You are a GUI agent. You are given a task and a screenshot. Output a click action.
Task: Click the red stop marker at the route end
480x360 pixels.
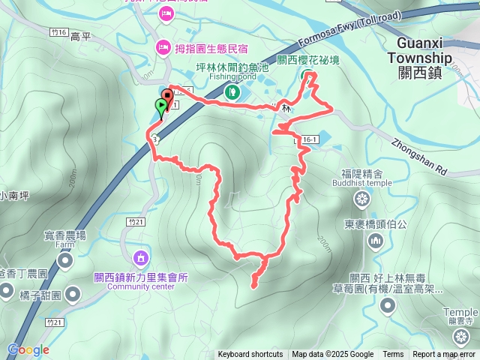(166, 96)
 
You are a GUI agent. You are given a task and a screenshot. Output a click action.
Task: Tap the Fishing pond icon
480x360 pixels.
(232, 92)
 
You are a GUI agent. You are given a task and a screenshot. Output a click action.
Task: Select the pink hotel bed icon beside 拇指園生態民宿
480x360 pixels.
(162, 48)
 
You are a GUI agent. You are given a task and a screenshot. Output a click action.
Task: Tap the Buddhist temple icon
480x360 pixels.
(361, 199)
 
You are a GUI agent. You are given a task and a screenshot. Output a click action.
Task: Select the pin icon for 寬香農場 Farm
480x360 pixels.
(64, 261)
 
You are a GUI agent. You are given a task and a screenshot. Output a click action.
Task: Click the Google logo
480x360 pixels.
(28, 350)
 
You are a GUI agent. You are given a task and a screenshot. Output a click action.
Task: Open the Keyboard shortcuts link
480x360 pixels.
(250, 355)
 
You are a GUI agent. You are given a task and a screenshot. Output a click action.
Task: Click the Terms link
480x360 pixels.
(393, 355)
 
